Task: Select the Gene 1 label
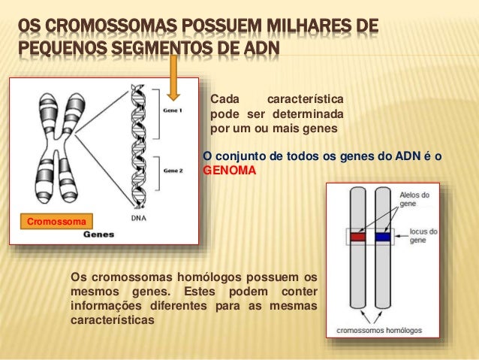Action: point(173,110)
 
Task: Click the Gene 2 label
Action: point(173,171)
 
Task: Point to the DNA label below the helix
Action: point(139,218)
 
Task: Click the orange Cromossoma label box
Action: point(57,221)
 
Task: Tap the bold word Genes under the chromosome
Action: point(98,234)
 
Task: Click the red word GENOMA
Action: point(230,171)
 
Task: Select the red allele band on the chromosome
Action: point(357,237)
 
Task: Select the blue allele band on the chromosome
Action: point(383,237)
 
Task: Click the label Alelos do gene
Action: point(414,199)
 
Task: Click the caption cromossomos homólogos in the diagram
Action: point(379,330)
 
